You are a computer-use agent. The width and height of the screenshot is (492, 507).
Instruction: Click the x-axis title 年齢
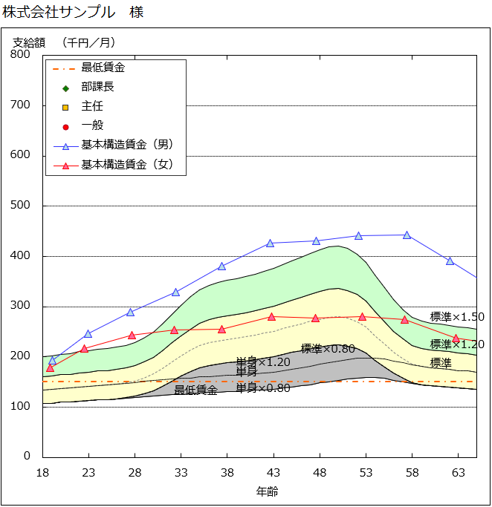[267, 491]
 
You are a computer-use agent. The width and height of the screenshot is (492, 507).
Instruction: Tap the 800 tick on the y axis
[21, 54]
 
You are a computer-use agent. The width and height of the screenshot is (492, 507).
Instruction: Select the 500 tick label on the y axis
[21, 206]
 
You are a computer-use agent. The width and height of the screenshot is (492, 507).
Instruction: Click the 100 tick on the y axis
[21, 407]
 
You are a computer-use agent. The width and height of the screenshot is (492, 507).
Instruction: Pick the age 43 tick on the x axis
[273, 472]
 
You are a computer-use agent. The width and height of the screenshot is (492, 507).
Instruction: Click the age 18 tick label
[43, 472]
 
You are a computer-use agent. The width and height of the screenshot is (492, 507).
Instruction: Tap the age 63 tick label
[458, 472]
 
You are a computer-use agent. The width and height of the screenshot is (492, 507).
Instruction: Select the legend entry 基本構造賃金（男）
[126, 145]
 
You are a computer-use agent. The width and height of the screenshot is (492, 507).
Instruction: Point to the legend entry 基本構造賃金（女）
[126, 165]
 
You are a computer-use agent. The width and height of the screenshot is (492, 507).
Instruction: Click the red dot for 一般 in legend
[65, 126]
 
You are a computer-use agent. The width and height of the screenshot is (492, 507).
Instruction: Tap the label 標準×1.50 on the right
[457, 317]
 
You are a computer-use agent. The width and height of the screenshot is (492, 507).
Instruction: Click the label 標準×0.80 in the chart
[328, 349]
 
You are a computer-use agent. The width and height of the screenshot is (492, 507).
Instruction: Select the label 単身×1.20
[263, 362]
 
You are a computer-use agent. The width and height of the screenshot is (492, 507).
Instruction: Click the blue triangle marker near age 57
[407, 235]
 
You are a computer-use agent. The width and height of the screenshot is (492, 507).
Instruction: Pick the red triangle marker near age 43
[273, 317]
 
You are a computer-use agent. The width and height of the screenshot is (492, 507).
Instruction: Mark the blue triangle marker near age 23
[88, 334]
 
